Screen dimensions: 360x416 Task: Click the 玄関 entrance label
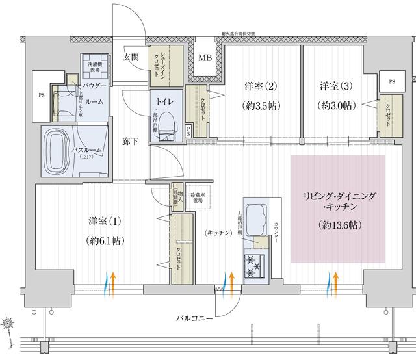coord(132,57)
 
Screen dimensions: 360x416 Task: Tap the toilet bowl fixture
coord(167,123)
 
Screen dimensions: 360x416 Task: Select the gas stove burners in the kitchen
coord(254,263)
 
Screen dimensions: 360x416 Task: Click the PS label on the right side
coord(392,82)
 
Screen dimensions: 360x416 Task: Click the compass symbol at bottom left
coord(8,322)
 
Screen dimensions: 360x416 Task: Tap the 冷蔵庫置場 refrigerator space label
coord(196,198)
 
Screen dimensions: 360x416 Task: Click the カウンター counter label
coord(280,227)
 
